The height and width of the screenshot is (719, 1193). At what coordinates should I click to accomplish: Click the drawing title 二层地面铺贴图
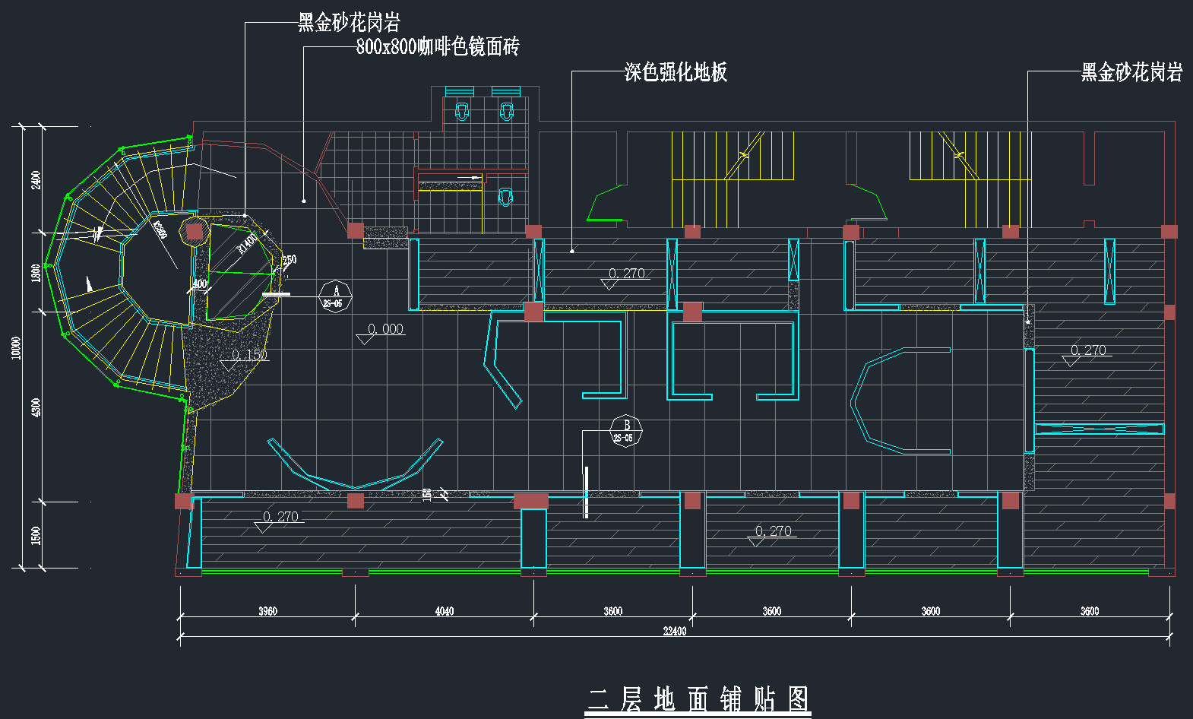click(x=698, y=698)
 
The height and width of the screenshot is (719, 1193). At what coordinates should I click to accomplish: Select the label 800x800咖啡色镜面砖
click(x=438, y=47)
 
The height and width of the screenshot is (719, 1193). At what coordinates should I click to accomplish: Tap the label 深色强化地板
click(x=676, y=72)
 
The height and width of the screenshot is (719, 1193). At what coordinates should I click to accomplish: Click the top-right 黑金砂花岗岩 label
click(x=1131, y=72)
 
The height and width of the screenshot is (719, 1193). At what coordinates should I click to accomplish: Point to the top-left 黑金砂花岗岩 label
click(x=349, y=22)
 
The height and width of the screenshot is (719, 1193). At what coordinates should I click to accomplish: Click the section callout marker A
click(x=335, y=295)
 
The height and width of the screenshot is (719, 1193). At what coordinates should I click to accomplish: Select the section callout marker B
click(x=626, y=431)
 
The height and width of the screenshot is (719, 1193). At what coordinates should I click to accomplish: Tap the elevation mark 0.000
click(x=385, y=329)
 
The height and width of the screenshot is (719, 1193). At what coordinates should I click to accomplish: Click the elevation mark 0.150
click(x=249, y=355)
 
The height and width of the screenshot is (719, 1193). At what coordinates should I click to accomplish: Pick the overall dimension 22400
click(x=674, y=631)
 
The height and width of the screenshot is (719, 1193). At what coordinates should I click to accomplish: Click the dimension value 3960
click(x=267, y=611)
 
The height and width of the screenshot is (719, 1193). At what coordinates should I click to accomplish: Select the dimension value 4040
click(x=444, y=611)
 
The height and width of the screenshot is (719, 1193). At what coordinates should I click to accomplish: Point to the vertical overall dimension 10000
click(x=17, y=348)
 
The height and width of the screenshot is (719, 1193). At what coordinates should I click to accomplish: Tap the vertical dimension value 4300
click(x=36, y=407)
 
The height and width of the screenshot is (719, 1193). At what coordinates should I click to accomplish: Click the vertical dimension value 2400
click(x=36, y=180)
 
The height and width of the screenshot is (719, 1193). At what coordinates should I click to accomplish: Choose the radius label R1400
click(x=248, y=243)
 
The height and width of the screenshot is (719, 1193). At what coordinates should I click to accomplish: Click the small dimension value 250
click(x=290, y=260)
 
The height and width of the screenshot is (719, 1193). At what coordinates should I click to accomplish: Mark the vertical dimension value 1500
click(x=36, y=535)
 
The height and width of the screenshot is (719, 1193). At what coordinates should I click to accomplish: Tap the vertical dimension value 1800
click(x=36, y=273)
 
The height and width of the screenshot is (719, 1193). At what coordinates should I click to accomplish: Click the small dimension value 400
click(x=200, y=284)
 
